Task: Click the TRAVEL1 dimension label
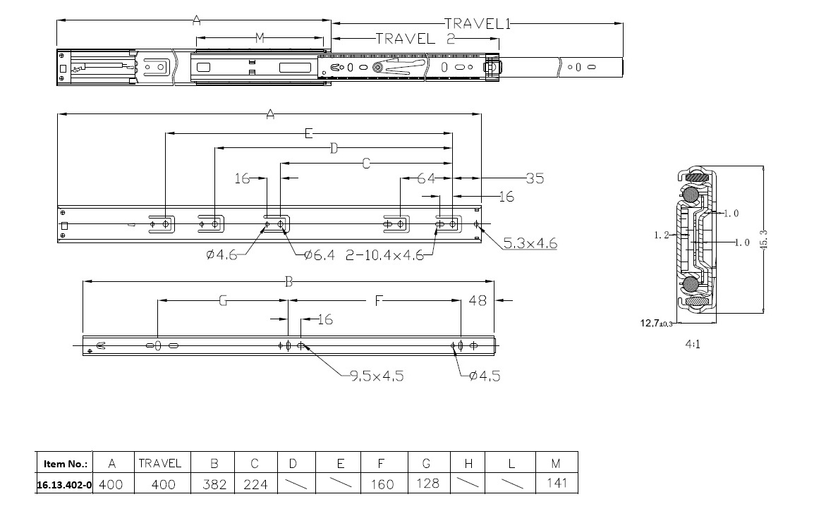pos(478,24)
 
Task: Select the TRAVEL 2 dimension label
pos(415,39)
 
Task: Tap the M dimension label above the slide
pos(260,38)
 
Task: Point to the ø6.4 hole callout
pos(320,254)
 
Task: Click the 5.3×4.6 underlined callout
pos(530,242)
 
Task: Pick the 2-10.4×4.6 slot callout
pos(384,255)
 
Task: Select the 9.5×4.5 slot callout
pos(377,376)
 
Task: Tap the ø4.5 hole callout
pos(485,376)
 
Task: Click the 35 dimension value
pos(535,178)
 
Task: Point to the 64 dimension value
pos(426,178)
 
